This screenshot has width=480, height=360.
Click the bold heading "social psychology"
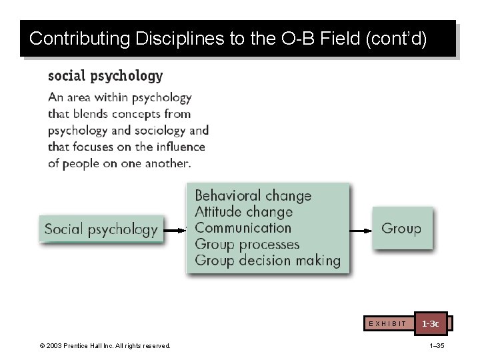click(105, 76)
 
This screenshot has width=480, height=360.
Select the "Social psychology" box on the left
click(101, 230)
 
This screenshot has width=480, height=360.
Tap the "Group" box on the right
click(401, 229)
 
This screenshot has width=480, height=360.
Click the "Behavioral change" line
click(253, 196)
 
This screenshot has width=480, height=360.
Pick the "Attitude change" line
click(243, 212)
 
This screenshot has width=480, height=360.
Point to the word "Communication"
click(243, 228)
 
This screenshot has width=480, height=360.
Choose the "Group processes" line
click(247, 244)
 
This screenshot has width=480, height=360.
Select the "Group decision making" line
click(267, 260)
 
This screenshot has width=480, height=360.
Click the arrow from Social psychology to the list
click(175, 231)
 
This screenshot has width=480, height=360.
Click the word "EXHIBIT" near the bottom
click(387, 324)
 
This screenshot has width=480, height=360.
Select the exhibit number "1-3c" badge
click(431, 323)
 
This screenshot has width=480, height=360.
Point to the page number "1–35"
click(437, 345)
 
